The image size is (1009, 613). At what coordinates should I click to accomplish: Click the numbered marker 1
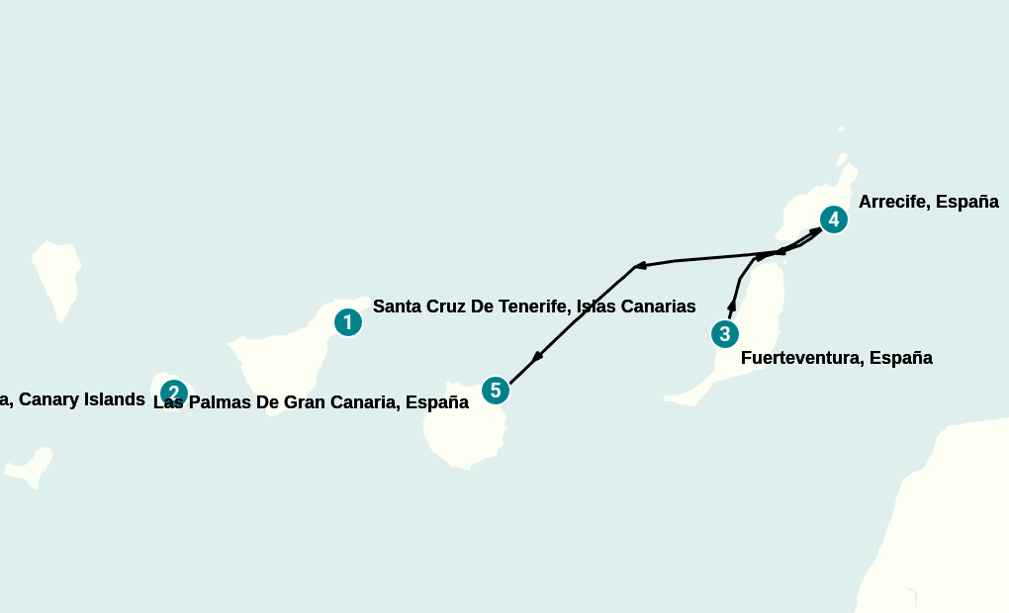point(347,322)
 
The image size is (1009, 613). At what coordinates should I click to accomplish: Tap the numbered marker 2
point(173,394)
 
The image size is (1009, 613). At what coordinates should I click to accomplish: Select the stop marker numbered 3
point(725,334)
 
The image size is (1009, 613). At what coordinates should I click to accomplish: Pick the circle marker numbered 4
point(834,219)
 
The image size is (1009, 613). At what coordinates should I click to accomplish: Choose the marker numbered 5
point(496,391)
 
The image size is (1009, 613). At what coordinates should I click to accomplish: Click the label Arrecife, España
point(928,202)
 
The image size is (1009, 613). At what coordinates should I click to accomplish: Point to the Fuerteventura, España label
point(836,358)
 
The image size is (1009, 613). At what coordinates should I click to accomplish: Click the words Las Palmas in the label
point(199,402)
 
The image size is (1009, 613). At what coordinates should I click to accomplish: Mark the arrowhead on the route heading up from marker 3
point(732,305)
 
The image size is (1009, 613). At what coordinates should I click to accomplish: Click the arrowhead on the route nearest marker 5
point(538,357)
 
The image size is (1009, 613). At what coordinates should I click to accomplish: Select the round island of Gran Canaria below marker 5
point(462,427)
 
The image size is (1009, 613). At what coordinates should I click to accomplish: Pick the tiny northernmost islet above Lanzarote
point(841,129)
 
